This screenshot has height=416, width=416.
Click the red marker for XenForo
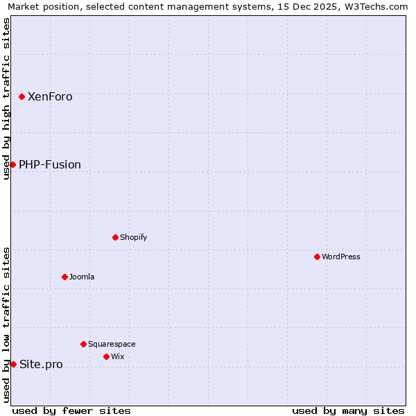tap(22, 96)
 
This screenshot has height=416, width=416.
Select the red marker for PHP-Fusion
tap(12, 164)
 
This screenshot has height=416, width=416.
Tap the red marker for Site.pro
tap(13, 364)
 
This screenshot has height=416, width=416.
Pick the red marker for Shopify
tap(115, 237)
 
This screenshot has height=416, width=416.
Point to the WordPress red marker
tap(317, 257)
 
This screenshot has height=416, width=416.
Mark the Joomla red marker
tap(64, 277)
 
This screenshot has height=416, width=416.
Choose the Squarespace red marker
tap(83, 344)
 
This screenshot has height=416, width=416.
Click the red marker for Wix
tap(106, 356)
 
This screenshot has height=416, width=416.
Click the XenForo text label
tap(50, 97)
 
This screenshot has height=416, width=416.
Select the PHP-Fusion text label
tap(50, 165)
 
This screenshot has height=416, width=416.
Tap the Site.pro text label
tap(41, 365)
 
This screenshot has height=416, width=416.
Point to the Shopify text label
tap(134, 237)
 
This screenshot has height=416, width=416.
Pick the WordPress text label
tap(341, 257)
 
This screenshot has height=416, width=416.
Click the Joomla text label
tap(82, 277)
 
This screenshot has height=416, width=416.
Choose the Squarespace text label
tap(112, 344)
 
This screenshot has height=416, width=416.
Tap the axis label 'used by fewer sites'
tap(71, 410)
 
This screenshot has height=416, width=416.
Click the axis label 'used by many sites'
tap(348, 410)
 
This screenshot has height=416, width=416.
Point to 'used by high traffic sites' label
tap(7, 98)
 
